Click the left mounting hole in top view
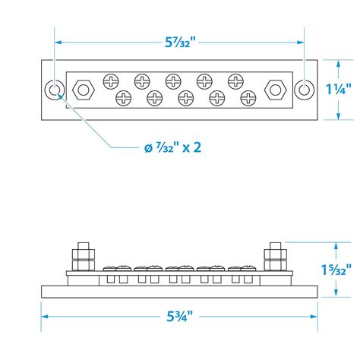tap(55, 90)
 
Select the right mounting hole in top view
tap(305, 90)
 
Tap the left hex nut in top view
tap(82, 90)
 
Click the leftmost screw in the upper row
tap(109, 80)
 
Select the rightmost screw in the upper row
tap(235, 80)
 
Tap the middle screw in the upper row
tap(173, 80)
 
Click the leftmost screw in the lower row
tap(123, 98)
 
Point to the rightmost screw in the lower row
tap(249, 98)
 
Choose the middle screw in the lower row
tap(186, 98)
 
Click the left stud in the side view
tap(82, 257)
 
